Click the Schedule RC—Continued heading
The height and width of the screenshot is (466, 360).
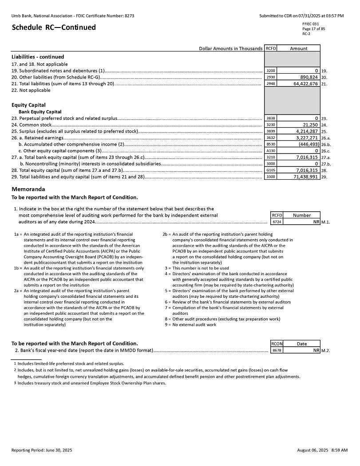point(54,28)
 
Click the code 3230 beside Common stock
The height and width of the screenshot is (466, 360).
point(270,125)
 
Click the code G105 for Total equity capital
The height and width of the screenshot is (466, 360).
point(270,170)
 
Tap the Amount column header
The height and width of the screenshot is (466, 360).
point(298,48)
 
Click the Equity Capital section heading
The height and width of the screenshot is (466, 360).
point(28,105)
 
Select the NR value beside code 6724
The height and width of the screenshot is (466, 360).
point(316,221)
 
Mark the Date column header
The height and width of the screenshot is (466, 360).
point(302,344)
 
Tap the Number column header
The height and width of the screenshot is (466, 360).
point(302,215)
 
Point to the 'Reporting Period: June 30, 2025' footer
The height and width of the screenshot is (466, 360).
point(42,450)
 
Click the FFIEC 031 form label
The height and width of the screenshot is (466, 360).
point(311,24)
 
